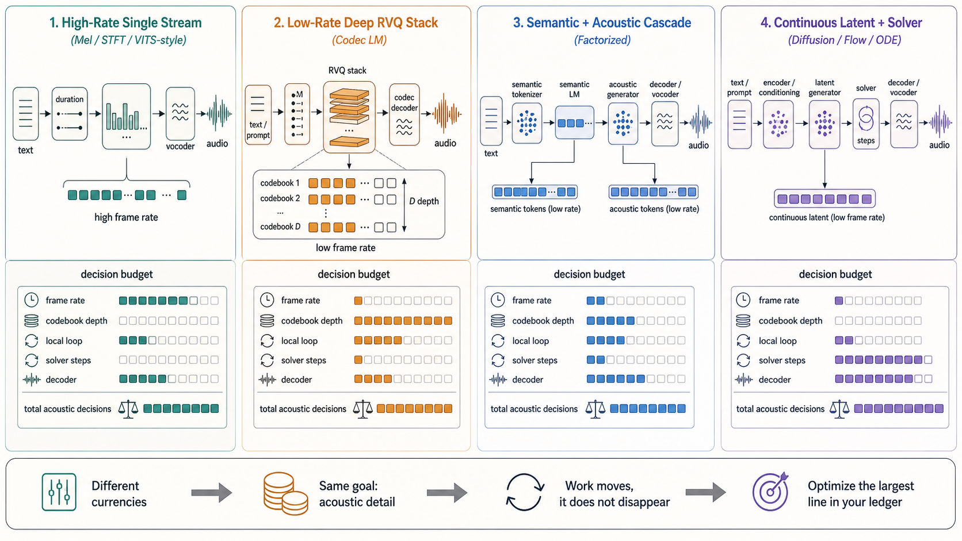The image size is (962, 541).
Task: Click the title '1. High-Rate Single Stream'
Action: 125,23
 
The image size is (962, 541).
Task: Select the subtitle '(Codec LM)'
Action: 359,40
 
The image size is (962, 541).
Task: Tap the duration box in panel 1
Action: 70,114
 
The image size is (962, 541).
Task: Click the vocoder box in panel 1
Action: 180,113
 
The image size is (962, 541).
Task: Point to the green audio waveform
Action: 219,113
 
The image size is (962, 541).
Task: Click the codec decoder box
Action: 404,114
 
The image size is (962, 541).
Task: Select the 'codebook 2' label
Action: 280,198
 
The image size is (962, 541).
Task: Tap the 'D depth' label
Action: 424,201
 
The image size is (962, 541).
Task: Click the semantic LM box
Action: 574,122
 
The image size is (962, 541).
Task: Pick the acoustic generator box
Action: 623,124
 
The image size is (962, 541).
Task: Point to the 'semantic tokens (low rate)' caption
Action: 535,209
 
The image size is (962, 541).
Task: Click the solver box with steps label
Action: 866,124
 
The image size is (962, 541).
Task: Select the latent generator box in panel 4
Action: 824,124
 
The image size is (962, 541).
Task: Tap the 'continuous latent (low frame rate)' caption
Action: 827,217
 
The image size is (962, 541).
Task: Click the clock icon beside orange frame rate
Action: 267,300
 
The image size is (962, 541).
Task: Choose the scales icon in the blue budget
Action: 595,409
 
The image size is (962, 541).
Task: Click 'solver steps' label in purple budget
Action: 781,360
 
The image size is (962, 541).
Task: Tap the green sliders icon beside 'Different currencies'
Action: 59,492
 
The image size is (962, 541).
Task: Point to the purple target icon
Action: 770,491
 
